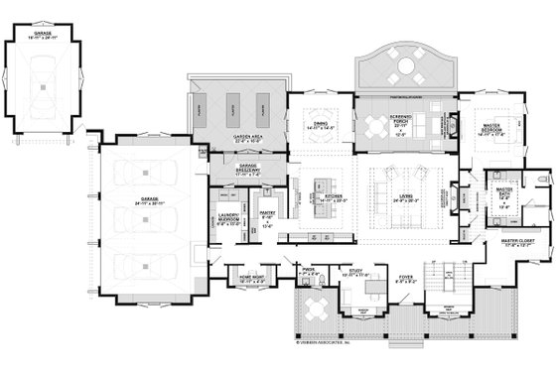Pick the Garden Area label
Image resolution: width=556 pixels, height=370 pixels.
(x=233, y=140)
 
